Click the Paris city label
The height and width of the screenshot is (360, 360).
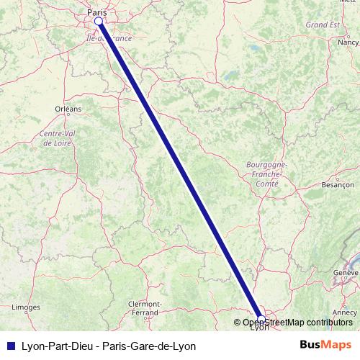coord(96,12)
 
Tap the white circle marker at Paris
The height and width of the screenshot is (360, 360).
coord(99,22)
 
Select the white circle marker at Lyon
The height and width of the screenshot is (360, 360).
coord(261,319)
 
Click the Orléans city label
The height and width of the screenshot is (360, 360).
coord(68,109)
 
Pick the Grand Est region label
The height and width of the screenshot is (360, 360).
coord(322,24)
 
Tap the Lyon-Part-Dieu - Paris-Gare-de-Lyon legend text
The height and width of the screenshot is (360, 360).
coord(108,346)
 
